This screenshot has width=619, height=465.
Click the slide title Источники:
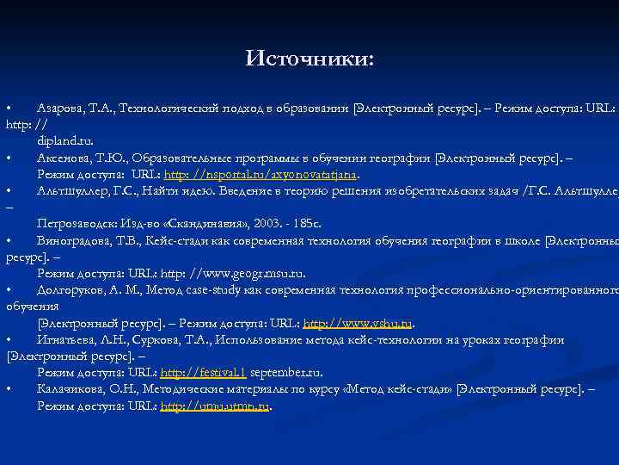pyautogui.click(x=309, y=59)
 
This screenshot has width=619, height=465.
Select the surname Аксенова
pyautogui.click(x=65, y=158)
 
